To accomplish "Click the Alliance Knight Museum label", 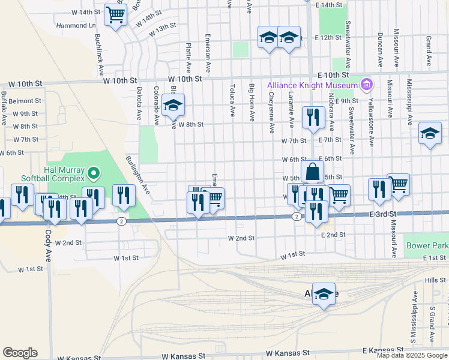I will click(x=312, y=85).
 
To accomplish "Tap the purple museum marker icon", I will click(x=366, y=85).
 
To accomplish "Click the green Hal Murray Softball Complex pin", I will click(x=93, y=174).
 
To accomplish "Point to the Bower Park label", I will click(x=427, y=245).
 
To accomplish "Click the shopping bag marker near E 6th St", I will click(x=313, y=172).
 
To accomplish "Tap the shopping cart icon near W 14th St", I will click(x=115, y=15).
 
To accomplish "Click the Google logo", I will click(x=20, y=352).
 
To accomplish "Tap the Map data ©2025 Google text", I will click(x=412, y=355).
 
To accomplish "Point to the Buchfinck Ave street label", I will click(x=100, y=53).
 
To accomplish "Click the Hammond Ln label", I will click(x=76, y=26).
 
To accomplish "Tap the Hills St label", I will click(x=432, y=281).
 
